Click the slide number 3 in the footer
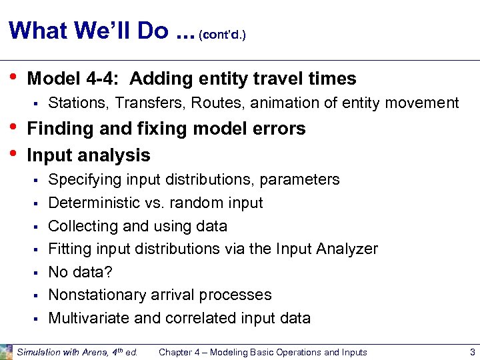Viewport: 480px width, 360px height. coord(472,352)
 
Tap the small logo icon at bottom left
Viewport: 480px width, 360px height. coord(7,351)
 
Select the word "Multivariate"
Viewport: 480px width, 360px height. coord(89,318)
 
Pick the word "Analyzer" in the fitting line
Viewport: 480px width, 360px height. coord(349,249)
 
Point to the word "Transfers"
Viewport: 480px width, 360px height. coord(145,103)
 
